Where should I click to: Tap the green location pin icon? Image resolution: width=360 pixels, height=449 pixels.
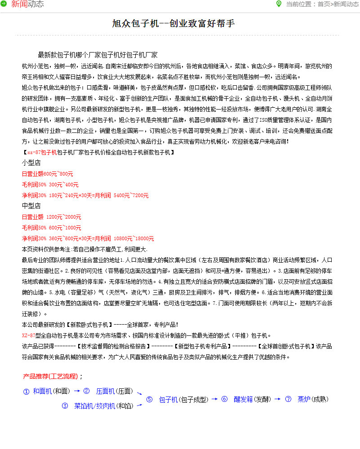pos(279,4)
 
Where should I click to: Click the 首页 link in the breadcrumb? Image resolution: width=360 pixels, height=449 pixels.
pos(324,4)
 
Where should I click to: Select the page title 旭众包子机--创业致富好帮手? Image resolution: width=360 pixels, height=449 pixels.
pos(173,24)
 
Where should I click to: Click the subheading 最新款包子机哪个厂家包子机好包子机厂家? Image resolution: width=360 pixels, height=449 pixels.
pos(98,55)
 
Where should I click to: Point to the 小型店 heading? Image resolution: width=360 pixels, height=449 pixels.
pos(31,163)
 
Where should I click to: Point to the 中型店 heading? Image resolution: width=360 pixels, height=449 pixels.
pos(31,206)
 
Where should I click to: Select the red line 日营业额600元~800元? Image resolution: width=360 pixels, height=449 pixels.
pos(47,174)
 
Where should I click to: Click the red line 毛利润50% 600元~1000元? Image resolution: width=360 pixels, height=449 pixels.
pos(51,228)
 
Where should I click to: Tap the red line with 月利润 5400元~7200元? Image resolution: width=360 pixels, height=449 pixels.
pos(85,195)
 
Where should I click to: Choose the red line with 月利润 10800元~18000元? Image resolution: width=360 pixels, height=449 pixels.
pos(88,238)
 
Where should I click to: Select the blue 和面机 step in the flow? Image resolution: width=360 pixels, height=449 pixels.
pos(42,391)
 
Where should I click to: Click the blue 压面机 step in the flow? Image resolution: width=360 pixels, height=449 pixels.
pos(106,391)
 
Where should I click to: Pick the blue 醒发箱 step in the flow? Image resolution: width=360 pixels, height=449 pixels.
pos(243,399)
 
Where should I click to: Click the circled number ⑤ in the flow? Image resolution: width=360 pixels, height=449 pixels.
pos(150,399)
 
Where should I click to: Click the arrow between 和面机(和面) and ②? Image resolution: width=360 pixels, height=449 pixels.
pos(77,391)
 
